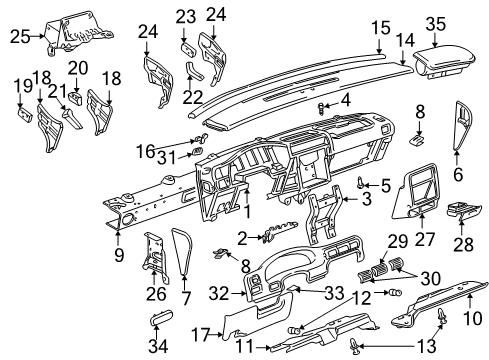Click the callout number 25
(16, 38)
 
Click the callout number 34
(158, 347)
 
